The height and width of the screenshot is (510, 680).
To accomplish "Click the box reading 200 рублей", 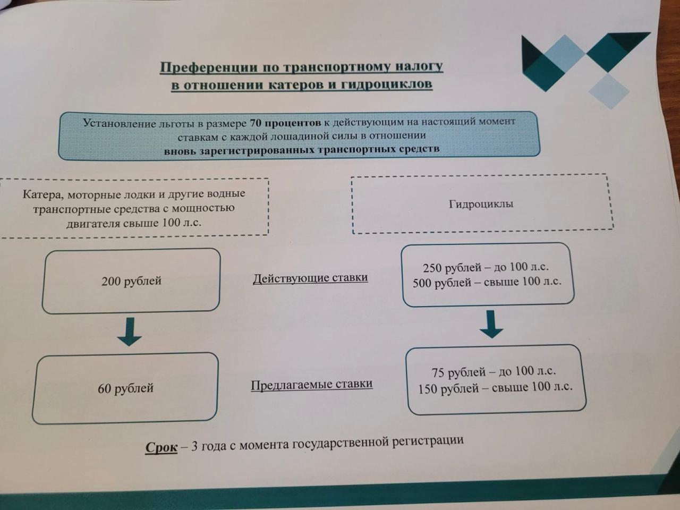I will click(x=131, y=281).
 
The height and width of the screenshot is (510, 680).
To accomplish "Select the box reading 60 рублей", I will click(x=125, y=388).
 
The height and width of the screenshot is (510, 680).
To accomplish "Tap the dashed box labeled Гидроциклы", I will click(x=481, y=204).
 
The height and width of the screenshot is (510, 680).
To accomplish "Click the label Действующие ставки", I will click(x=310, y=278).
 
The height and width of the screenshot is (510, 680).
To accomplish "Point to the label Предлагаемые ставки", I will click(x=311, y=384).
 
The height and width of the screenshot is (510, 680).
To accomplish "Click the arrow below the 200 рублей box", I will click(x=129, y=332).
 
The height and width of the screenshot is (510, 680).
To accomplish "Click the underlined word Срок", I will click(x=161, y=447).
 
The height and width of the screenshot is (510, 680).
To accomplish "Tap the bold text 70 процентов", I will click(x=285, y=123).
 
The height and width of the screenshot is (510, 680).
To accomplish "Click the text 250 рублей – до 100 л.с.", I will click(x=486, y=267).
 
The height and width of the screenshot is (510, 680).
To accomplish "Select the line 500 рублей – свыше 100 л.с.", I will click(x=487, y=282).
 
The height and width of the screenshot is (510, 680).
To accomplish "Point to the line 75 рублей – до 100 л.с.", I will click(x=494, y=372).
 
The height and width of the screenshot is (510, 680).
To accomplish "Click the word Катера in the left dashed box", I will click(x=43, y=194).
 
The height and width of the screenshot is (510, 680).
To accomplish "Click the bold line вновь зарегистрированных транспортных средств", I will click(x=302, y=150).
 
